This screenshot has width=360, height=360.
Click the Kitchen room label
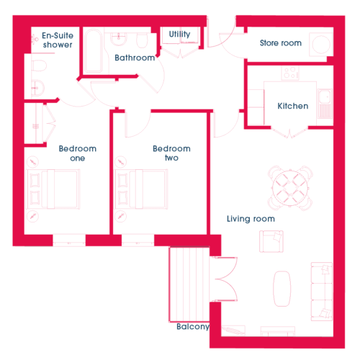click(x=293, y=106)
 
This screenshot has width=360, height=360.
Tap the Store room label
click(x=281, y=43)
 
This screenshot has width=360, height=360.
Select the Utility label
click(x=179, y=34)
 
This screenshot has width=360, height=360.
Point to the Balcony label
click(x=193, y=326)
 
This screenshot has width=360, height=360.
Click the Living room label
click(x=251, y=219)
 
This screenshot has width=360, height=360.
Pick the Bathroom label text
click(x=135, y=58)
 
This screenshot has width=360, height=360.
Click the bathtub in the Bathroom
click(x=94, y=50)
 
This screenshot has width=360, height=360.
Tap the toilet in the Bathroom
click(x=142, y=40)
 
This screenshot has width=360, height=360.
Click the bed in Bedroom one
click(x=53, y=189)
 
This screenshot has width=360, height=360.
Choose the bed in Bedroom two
click(x=141, y=189)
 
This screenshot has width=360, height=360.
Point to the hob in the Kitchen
click(x=290, y=73)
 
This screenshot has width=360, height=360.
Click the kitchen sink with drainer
click(x=325, y=104)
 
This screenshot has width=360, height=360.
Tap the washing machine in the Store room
click(x=321, y=45)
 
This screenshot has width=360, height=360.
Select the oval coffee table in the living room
click(x=282, y=289)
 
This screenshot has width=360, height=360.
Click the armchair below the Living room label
click(x=271, y=241)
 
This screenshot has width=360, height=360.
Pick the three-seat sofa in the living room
click(x=322, y=292)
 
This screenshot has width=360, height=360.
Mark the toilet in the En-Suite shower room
click(x=39, y=66)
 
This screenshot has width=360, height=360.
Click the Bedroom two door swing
click(x=138, y=125)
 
